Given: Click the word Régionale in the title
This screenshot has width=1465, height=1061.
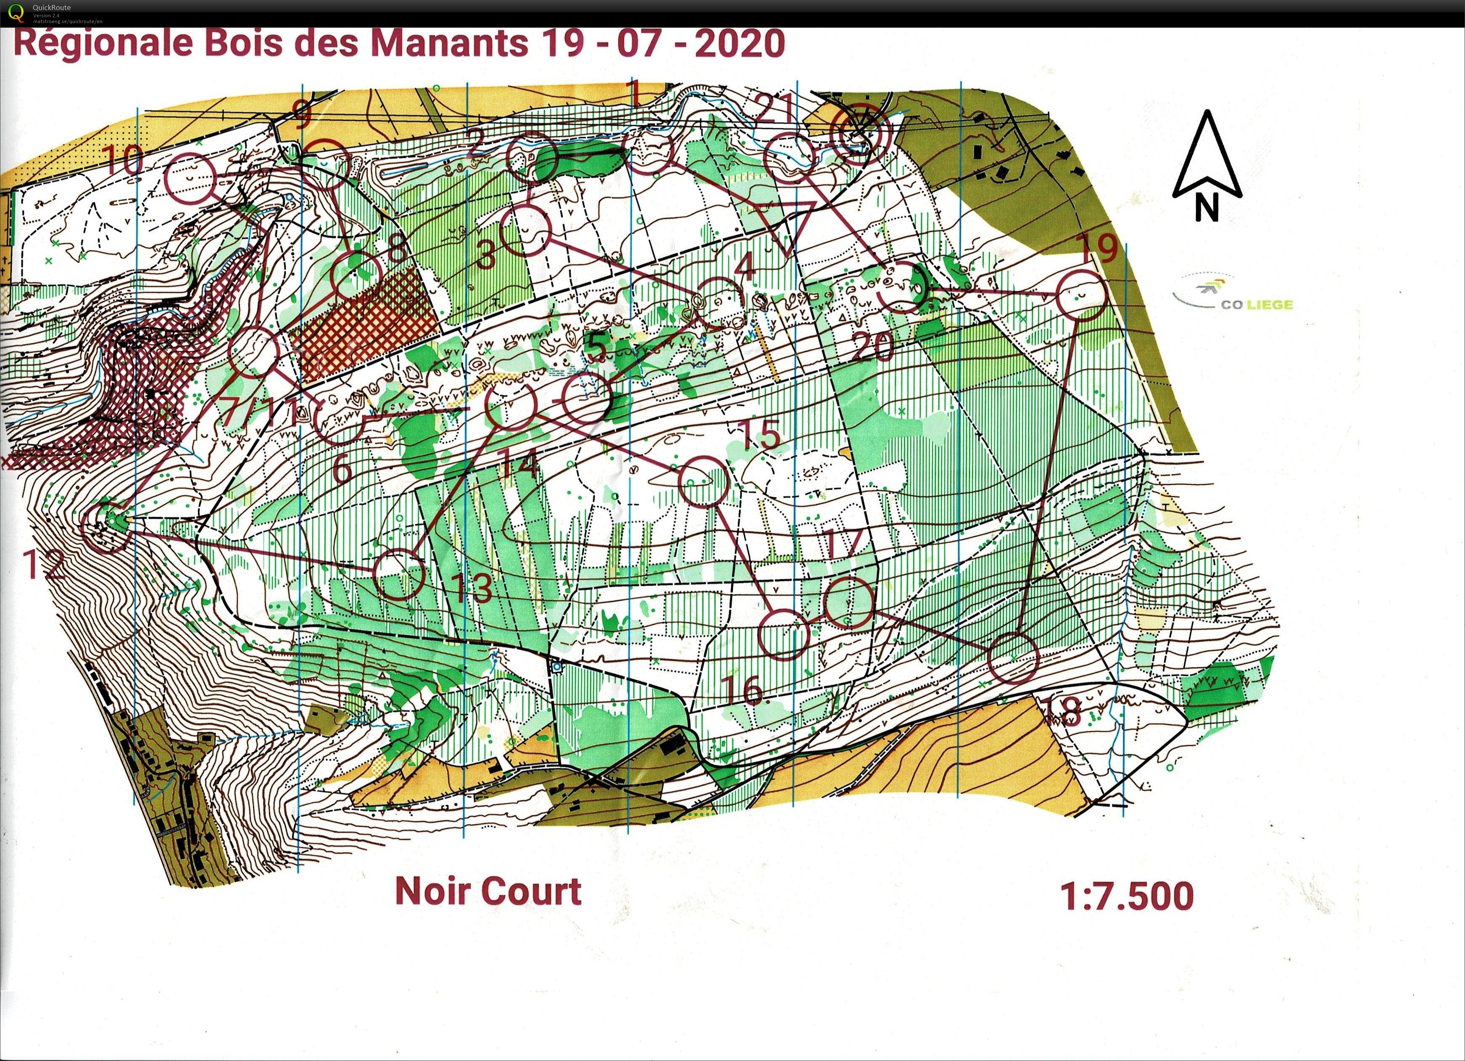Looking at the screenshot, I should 103,43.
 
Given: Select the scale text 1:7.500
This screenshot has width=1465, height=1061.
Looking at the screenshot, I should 1127,897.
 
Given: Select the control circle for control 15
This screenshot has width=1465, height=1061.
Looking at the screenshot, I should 703,481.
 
